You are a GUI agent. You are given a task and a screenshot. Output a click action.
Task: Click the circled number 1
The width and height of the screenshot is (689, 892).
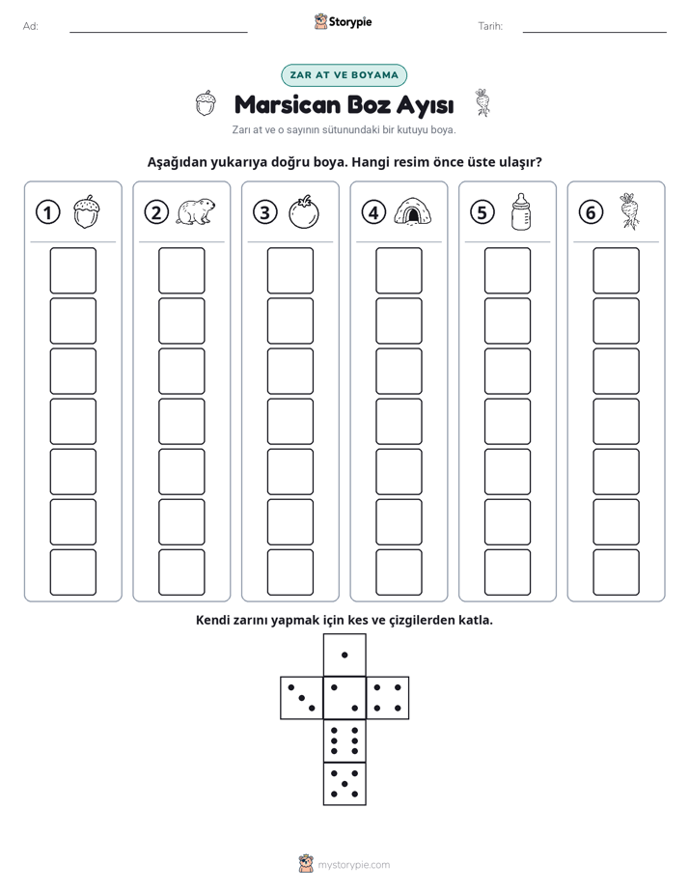47,212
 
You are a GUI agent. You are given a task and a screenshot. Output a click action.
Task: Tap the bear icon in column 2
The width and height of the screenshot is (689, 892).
196,212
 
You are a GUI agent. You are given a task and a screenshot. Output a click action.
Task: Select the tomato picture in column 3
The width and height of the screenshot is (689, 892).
304,212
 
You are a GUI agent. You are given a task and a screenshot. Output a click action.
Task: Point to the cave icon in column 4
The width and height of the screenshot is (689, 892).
413,211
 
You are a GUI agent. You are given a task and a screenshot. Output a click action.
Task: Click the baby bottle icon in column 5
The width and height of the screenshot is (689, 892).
520,211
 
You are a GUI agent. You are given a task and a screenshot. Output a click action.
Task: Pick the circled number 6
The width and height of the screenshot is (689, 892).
591,212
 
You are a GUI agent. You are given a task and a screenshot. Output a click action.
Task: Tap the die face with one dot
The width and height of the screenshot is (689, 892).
344,655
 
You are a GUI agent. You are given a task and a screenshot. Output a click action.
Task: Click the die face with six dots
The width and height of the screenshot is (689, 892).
344,740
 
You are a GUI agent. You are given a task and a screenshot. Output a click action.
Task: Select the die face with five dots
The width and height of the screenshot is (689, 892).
344,784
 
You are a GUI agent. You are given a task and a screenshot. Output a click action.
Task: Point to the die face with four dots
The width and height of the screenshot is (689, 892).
388,698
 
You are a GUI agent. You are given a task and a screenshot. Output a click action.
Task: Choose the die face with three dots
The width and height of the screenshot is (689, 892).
302,698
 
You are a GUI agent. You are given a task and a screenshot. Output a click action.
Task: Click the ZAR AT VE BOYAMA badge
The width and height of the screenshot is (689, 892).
344,75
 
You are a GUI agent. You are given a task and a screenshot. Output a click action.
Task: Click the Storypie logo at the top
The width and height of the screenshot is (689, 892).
343,22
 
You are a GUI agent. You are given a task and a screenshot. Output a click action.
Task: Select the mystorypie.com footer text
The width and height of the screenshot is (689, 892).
353,865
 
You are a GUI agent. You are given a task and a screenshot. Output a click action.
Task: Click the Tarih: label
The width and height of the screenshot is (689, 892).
490,26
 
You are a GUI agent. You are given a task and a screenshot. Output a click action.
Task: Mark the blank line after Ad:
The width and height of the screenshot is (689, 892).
158,33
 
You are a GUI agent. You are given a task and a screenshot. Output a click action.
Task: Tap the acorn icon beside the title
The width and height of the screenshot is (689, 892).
206,103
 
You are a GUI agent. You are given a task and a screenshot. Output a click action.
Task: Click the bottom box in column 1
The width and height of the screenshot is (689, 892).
72,572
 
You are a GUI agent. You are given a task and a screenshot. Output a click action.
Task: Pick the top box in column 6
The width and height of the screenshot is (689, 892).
617,270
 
